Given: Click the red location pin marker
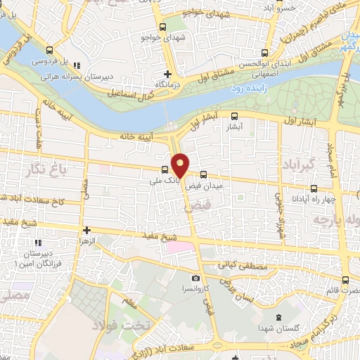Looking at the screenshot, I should pyautogui.click(x=181, y=165).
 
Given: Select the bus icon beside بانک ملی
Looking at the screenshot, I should pyautogui.click(x=165, y=169).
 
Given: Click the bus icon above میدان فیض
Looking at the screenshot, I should pyautogui.click(x=204, y=174).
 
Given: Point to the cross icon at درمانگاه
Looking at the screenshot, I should pyautogui.click(x=167, y=73).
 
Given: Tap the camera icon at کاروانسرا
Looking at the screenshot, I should pyautogui.click(x=195, y=279).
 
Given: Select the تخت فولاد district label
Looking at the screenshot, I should pyautogui.click(x=117, y=324).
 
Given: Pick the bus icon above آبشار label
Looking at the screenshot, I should pyautogui.click(x=234, y=117).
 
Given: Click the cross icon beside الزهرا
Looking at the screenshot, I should pyautogui.click(x=86, y=230).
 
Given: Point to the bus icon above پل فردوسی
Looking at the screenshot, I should pyautogui.click(x=49, y=50).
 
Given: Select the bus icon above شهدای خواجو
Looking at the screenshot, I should pyautogui.click(x=163, y=27).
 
